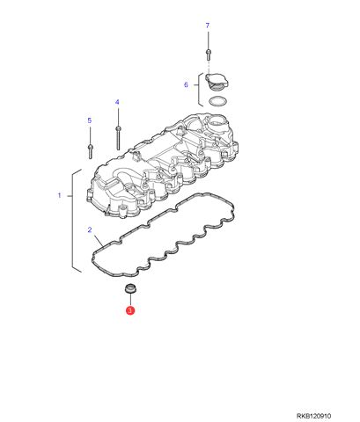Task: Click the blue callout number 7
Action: coord(208,25)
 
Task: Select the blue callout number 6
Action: coord(186,84)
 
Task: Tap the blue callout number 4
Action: coord(117,102)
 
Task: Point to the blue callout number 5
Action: coord(90,120)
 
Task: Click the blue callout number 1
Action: coord(59,195)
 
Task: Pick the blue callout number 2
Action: coord(90,229)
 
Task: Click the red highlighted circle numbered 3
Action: coord(130,310)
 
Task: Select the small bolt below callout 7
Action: coord(208,55)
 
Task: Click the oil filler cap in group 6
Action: coord(217,81)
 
